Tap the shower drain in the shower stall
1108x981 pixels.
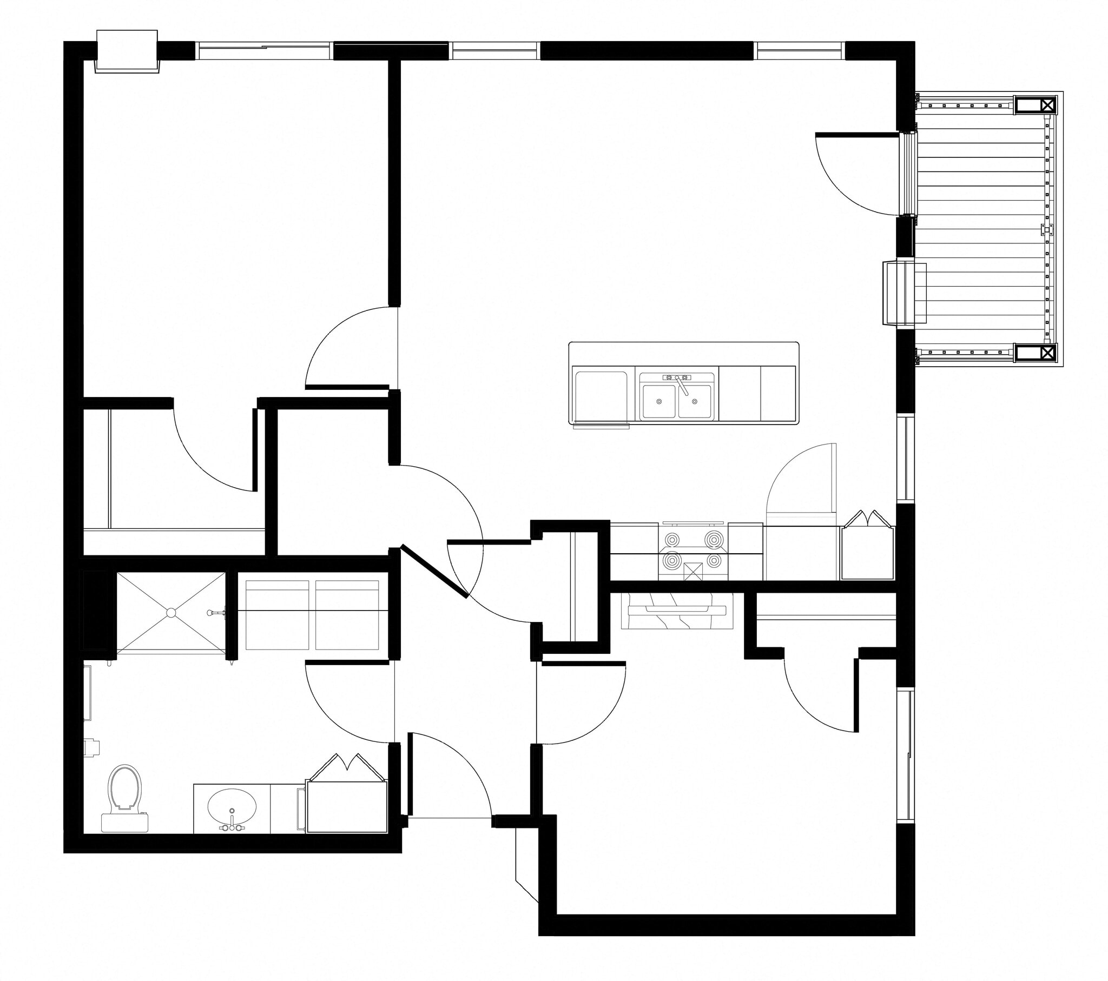(x=172, y=612)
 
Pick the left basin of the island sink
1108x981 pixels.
(x=658, y=401)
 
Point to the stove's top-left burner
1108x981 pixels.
(x=672, y=540)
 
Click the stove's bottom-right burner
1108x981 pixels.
(x=715, y=560)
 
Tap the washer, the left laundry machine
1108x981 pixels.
(x=277, y=615)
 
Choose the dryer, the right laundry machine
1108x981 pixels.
(x=347, y=615)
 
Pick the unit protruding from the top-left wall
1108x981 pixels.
(x=127, y=51)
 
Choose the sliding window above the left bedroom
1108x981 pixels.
(x=264, y=51)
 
